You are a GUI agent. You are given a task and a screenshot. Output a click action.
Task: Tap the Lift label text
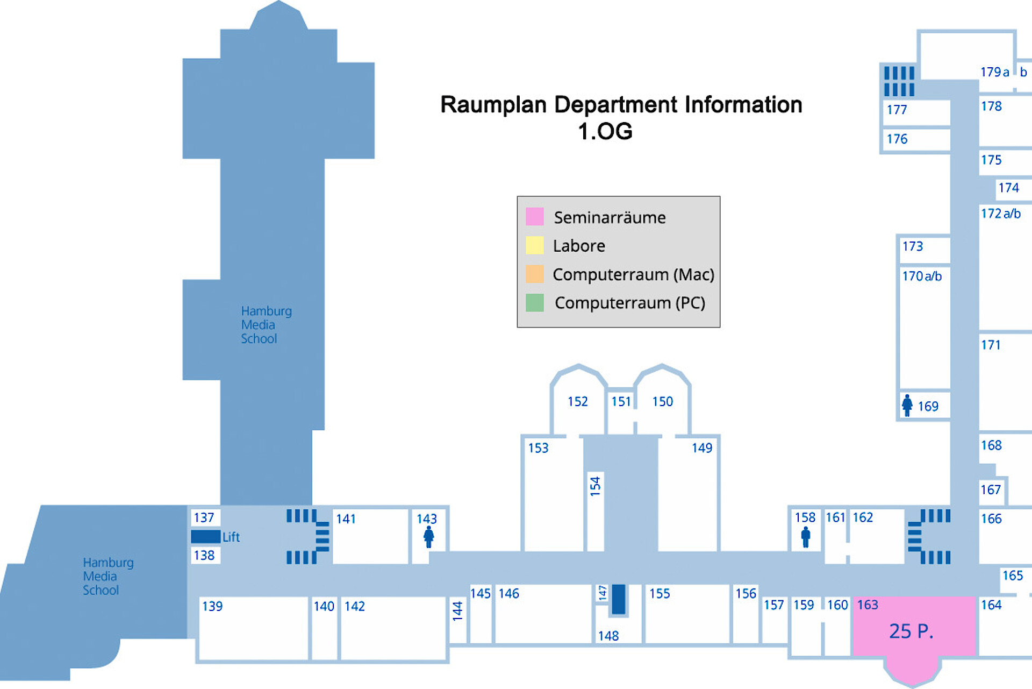231,537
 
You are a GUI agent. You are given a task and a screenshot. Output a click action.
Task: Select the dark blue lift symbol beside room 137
206,536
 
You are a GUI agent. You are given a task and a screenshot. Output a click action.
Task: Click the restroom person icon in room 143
428,536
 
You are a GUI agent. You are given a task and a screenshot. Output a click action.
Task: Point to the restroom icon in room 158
805,536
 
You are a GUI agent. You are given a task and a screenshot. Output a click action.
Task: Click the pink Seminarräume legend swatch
534,217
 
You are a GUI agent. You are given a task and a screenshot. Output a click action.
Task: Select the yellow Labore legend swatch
534,245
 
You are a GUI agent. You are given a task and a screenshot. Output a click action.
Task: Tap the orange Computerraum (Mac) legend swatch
534,274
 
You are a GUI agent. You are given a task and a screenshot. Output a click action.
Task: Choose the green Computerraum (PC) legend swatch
534,302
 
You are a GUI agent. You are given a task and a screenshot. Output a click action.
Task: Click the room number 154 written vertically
595,485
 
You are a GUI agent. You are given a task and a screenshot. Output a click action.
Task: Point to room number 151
621,401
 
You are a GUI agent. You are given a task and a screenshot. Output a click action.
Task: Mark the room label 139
212,606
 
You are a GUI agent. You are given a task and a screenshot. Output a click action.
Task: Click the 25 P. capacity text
912,631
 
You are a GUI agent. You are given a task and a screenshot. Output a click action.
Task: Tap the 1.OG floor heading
605,131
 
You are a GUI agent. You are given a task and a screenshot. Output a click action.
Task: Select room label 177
897,110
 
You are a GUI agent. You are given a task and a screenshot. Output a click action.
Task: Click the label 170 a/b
922,276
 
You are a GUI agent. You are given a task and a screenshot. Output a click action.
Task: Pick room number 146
508,593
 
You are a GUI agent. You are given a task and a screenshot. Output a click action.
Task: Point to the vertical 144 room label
457,611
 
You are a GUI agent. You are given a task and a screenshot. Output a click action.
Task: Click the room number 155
660,593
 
